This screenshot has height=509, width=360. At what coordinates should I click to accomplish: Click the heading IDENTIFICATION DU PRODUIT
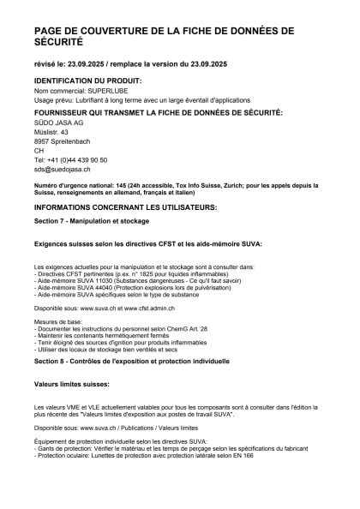87,80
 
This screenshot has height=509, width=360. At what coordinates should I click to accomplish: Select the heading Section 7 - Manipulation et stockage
92,221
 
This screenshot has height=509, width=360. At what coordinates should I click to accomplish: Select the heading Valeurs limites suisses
73,385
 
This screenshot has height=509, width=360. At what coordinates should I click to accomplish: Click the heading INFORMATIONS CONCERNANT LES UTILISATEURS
125,207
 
